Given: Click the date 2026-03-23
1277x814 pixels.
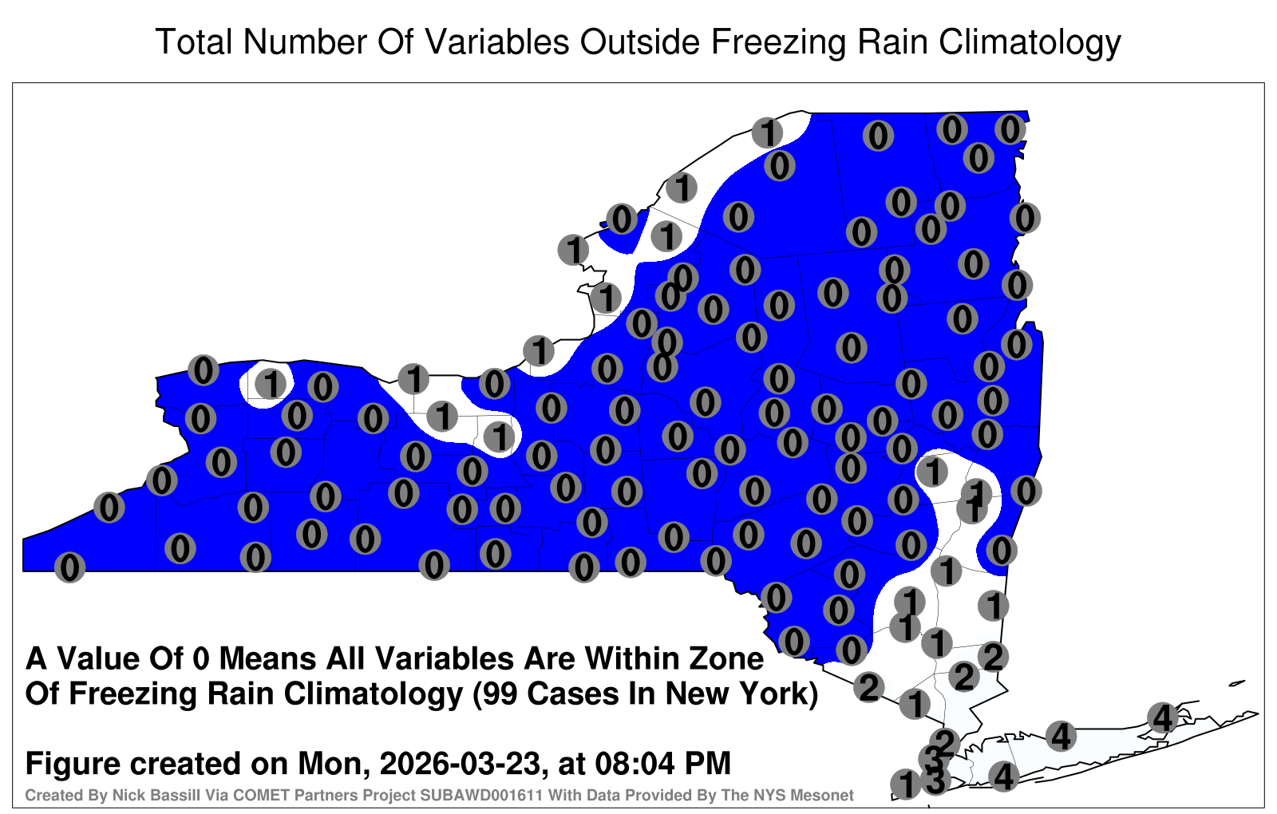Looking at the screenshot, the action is (460, 763).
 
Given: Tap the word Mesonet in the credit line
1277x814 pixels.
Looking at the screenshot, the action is (824, 795).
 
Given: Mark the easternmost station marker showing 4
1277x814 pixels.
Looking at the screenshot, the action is (1162, 717).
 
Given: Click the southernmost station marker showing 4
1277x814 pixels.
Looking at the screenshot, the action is (1003, 776).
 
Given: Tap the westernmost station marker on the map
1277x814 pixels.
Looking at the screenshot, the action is (69, 567).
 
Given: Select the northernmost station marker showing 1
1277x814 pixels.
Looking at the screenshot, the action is (767, 132).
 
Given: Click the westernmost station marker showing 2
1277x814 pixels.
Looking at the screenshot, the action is (869, 687).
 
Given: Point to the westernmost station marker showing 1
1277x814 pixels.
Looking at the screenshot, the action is (271, 384).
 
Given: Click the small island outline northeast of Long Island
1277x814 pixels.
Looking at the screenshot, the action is (1236, 683).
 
